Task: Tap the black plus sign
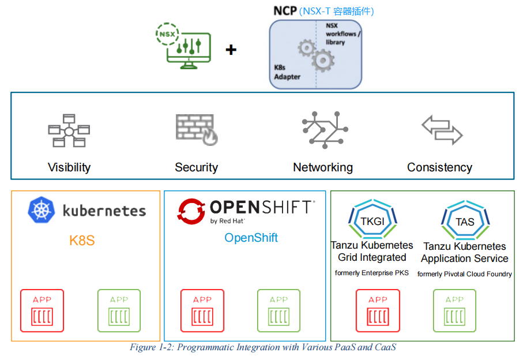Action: [231, 50]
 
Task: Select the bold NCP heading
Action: [285, 11]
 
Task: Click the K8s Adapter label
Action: [287, 72]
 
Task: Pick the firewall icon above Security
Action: [196, 129]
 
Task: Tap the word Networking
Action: [323, 167]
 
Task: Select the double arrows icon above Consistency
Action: [442, 129]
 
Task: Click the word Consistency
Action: [439, 167]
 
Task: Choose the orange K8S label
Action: [82, 241]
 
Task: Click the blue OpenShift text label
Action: [251, 238]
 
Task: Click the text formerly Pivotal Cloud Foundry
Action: [465, 274]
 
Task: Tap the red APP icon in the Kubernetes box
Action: [42, 310]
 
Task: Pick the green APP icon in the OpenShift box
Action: [278, 310]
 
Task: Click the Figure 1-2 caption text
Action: [263, 347]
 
